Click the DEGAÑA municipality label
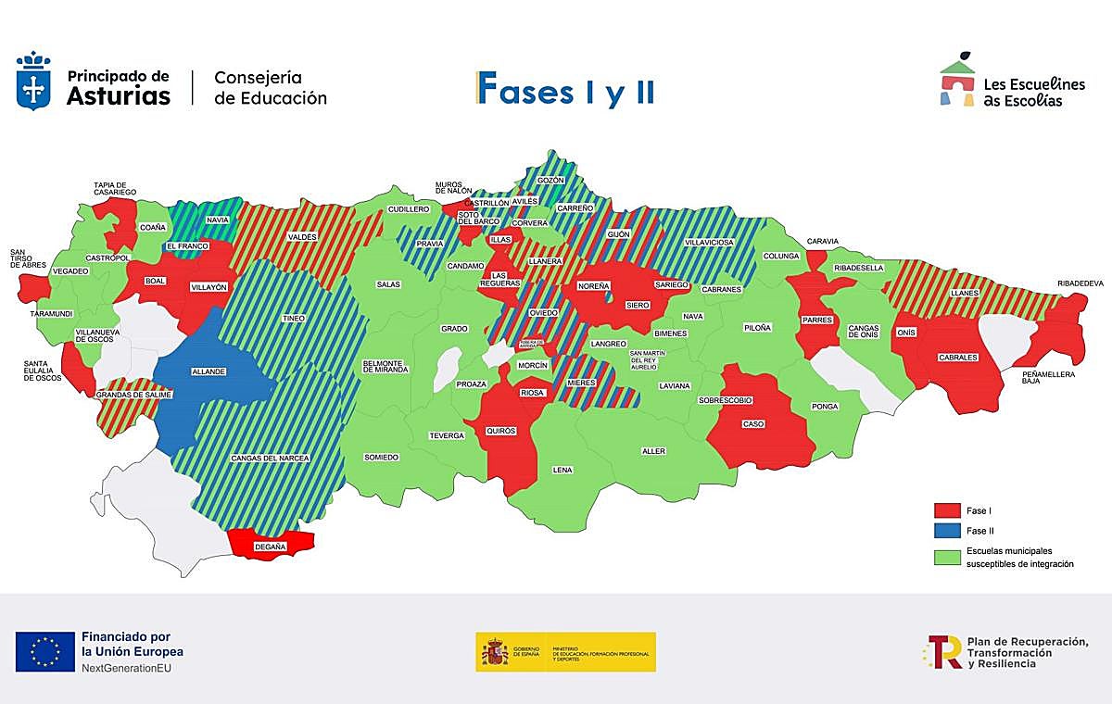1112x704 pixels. click(x=271, y=547)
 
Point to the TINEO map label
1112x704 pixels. click(x=294, y=319)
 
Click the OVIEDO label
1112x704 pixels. click(x=543, y=313)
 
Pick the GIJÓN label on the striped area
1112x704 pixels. click(x=618, y=234)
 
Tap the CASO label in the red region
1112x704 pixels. click(x=753, y=424)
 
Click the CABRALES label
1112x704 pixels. click(x=957, y=358)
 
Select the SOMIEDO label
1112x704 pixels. click(x=381, y=457)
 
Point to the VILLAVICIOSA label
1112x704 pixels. click(x=709, y=242)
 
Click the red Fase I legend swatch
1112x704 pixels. click(x=946, y=510)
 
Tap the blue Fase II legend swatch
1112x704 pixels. click(x=946, y=531)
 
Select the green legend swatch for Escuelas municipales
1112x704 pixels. click(x=946, y=557)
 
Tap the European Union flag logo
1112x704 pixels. click(x=44, y=651)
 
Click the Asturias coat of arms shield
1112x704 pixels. click(x=33, y=83)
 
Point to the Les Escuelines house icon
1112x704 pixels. click(x=958, y=82)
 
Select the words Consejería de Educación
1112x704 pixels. click(x=270, y=88)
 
